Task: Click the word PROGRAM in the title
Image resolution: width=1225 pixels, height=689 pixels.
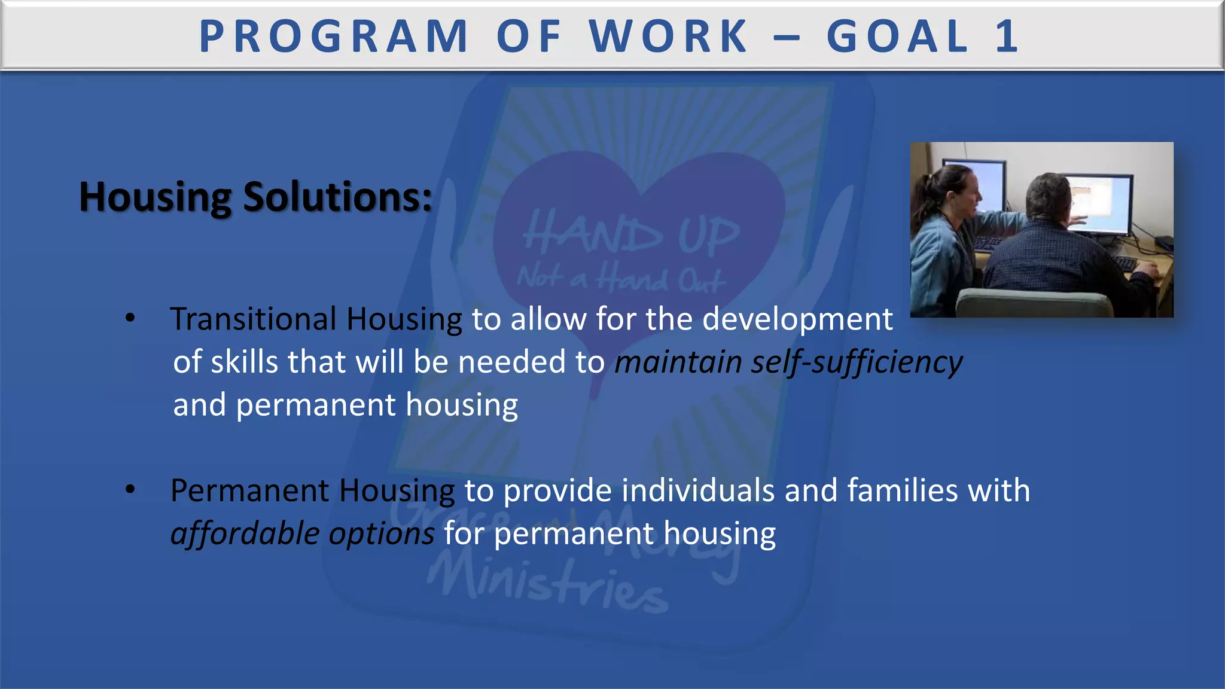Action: click(x=333, y=36)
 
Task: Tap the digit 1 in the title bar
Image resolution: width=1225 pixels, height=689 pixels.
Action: click(x=1007, y=36)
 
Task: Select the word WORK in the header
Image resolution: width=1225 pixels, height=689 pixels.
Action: click(x=669, y=36)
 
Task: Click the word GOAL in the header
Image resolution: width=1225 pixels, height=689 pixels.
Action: click(x=897, y=36)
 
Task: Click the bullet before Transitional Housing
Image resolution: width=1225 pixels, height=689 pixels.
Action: click(x=130, y=318)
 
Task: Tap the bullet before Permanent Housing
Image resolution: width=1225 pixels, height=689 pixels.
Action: click(x=130, y=489)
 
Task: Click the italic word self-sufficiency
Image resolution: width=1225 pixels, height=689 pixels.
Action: click(x=857, y=362)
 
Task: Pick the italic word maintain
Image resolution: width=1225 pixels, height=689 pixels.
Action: click(x=678, y=362)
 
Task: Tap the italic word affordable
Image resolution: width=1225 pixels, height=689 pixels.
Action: click(x=245, y=533)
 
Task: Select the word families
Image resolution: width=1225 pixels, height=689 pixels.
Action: click(x=903, y=490)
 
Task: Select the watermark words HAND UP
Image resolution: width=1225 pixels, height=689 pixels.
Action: click(x=631, y=234)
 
